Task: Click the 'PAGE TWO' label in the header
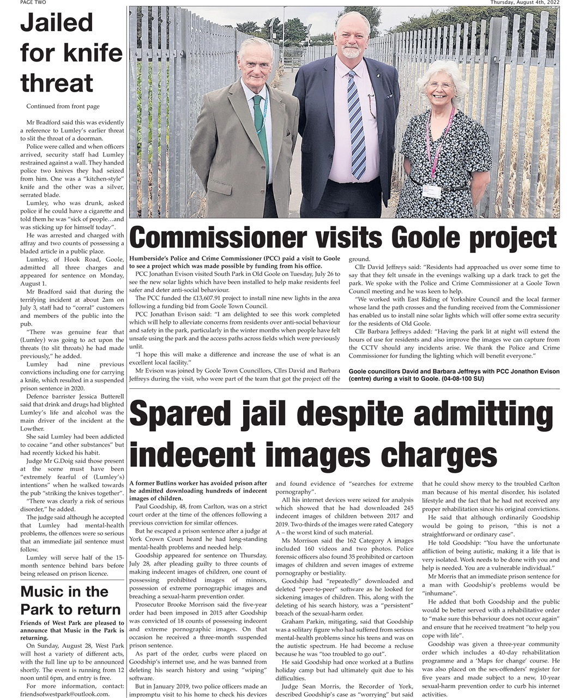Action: pyautogui.click(x=33, y=3)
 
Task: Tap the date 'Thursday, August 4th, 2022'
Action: pyautogui.click(x=524, y=3)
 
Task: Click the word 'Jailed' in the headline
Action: pyautogui.click(x=57, y=23)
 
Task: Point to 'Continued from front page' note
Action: pyautogui.click(x=63, y=106)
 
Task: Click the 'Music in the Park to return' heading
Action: pyautogui.click(x=70, y=600)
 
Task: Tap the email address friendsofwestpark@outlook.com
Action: pyautogui.click(x=65, y=694)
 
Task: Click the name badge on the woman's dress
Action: pyautogui.click(x=431, y=192)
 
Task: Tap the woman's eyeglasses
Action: pyautogui.click(x=440, y=86)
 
